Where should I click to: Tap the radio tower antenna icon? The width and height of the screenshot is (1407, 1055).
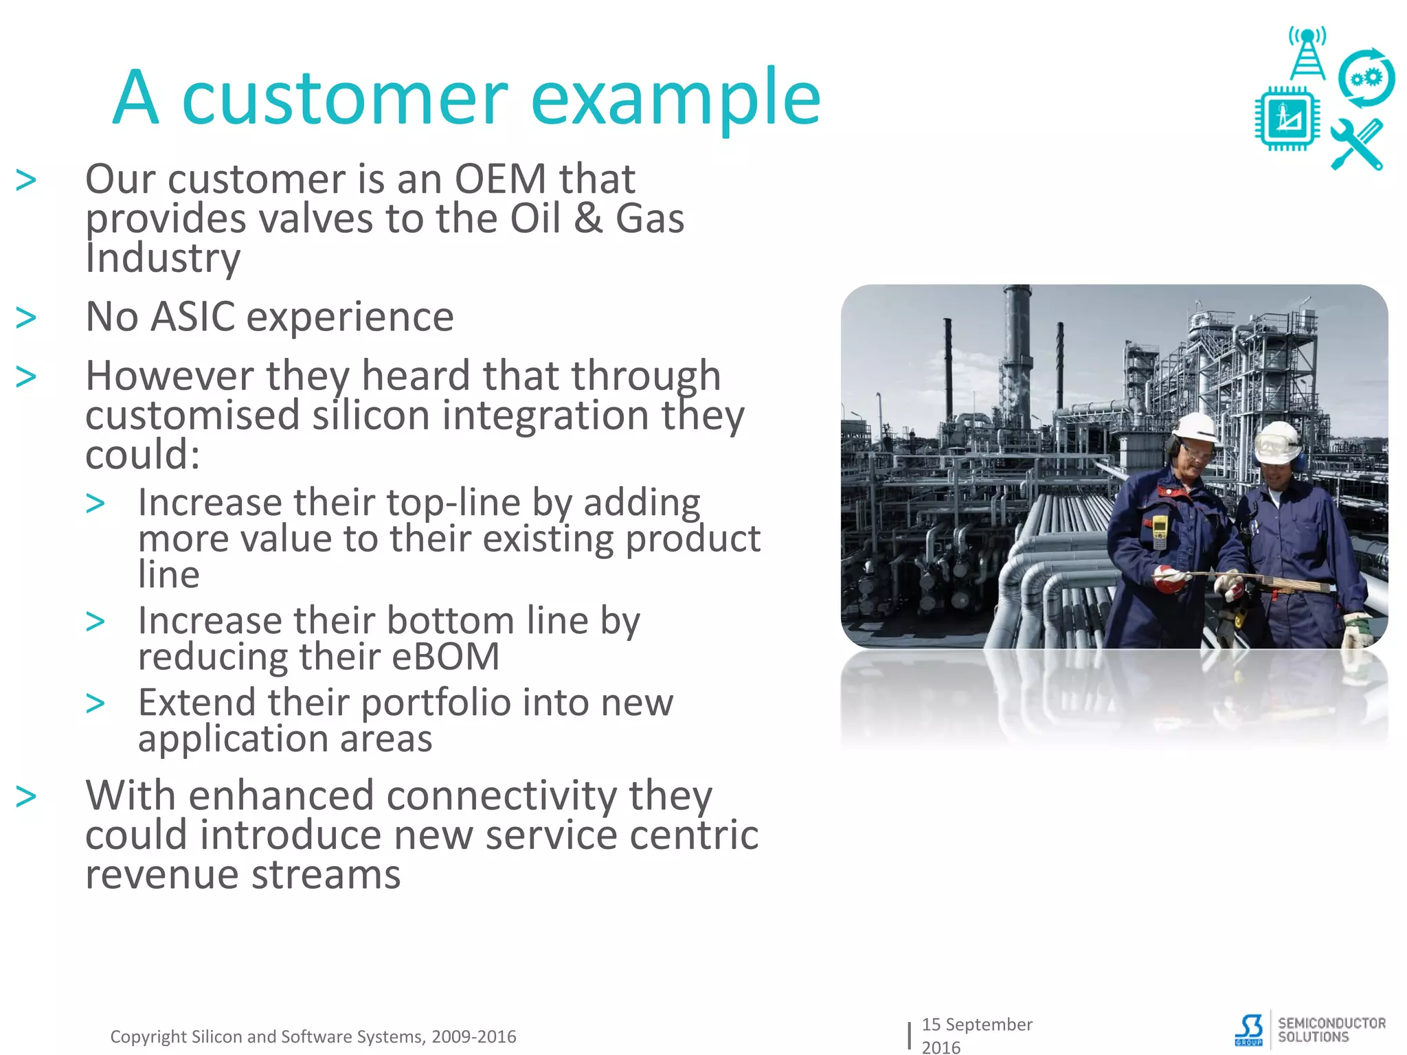click(x=1307, y=54)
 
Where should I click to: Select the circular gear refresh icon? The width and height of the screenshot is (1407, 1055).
click(x=1366, y=78)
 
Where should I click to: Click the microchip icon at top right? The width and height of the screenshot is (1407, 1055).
click(x=1287, y=118)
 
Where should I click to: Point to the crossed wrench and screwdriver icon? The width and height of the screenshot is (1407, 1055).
click(x=1357, y=145)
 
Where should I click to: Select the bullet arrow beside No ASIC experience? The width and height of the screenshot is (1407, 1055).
click(x=26, y=318)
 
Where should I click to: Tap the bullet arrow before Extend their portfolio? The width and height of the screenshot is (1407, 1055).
click(x=95, y=703)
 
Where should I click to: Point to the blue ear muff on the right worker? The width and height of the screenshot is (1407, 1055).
click(x=1298, y=458)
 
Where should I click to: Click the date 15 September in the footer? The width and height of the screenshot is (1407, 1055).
click(x=976, y=1024)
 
